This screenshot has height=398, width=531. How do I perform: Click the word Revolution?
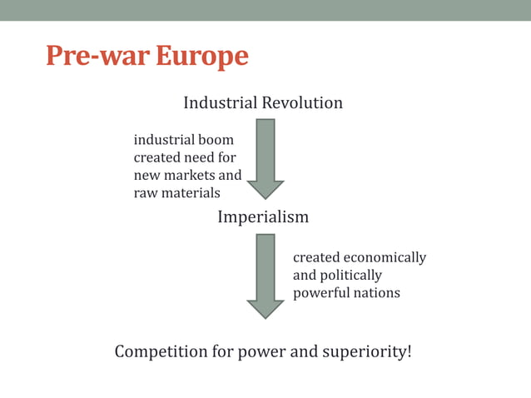302,103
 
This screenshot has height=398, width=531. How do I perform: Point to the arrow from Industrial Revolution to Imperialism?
265,157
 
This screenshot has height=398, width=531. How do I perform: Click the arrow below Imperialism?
265,275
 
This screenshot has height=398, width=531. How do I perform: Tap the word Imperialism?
263,217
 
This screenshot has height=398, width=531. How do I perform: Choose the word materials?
191,193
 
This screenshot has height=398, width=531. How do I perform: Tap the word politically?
350,276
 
